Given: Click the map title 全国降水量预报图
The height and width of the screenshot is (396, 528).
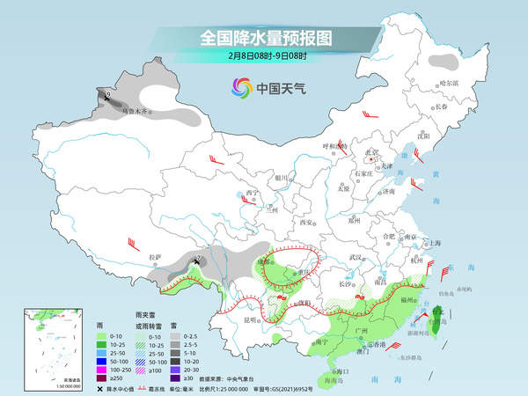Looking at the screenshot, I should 265,38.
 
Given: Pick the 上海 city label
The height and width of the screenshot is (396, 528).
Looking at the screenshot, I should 432,242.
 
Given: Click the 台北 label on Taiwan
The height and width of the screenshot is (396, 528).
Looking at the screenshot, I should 437,311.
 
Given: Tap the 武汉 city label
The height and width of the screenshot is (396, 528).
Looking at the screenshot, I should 356,256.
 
